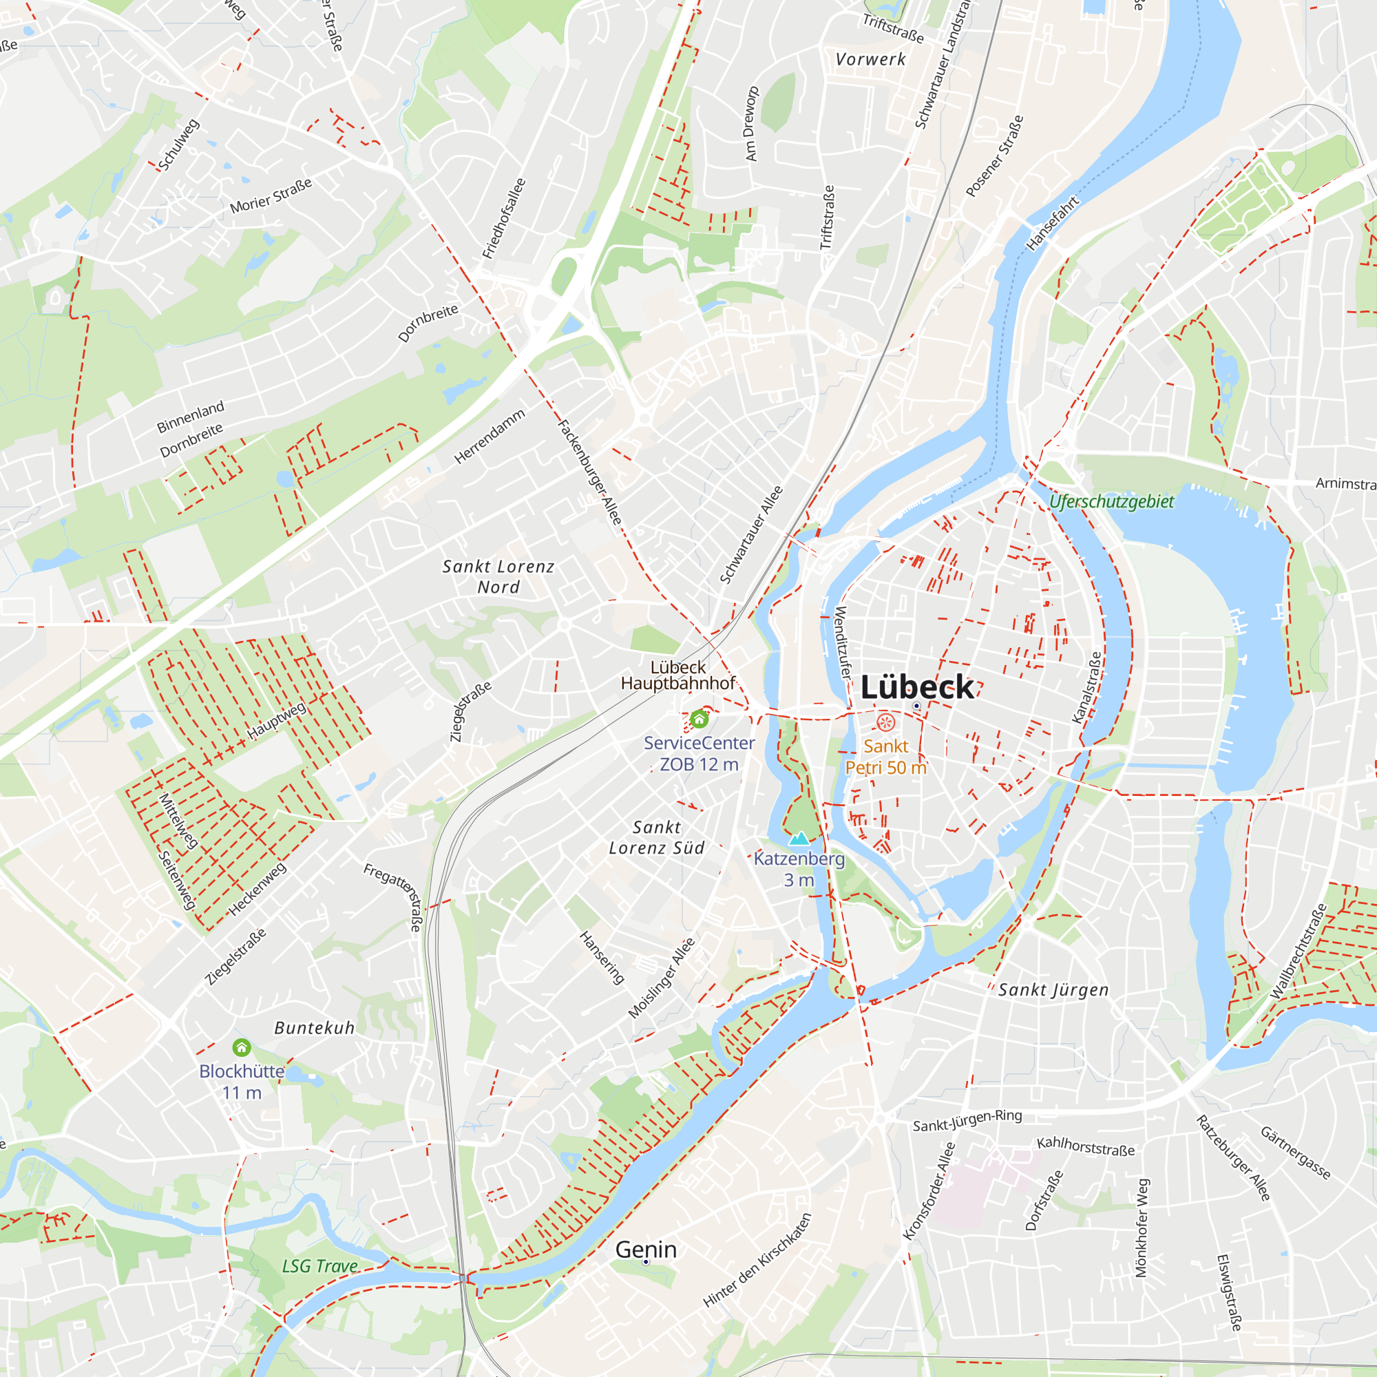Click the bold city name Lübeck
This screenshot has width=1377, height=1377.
click(x=916, y=687)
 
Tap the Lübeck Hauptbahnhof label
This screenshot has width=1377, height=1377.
click(x=677, y=675)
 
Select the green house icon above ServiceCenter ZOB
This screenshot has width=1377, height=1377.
click(x=700, y=717)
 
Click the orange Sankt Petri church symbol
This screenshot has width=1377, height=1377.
click(x=885, y=723)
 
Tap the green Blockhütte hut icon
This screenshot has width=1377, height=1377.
click(x=242, y=1047)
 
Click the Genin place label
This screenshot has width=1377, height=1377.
click(x=646, y=1249)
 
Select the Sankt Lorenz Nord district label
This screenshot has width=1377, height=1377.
click(x=498, y=576)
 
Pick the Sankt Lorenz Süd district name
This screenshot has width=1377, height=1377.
click(x=656, y=837)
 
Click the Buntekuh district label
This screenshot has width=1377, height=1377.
click(x=315, y=1028)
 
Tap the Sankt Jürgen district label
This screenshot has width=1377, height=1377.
click(x=1053, y=989)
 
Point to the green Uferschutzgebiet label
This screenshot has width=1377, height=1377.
click(x=1111, y=502)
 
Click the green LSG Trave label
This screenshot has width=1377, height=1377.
click(x=320, y=1266)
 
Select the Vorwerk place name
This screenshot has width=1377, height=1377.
click(x=870, y=59)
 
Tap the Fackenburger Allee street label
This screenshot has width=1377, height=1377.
click(x=589, y=472)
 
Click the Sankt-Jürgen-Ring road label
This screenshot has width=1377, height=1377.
click(x=967, y=1120)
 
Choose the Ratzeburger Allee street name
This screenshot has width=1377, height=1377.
click(x=1232, y=1157)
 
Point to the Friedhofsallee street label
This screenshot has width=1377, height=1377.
click(x=504, y=218)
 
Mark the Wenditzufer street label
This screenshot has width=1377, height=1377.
click(x=843, y=642)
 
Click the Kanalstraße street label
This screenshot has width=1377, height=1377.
click(x=1087, y=687)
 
